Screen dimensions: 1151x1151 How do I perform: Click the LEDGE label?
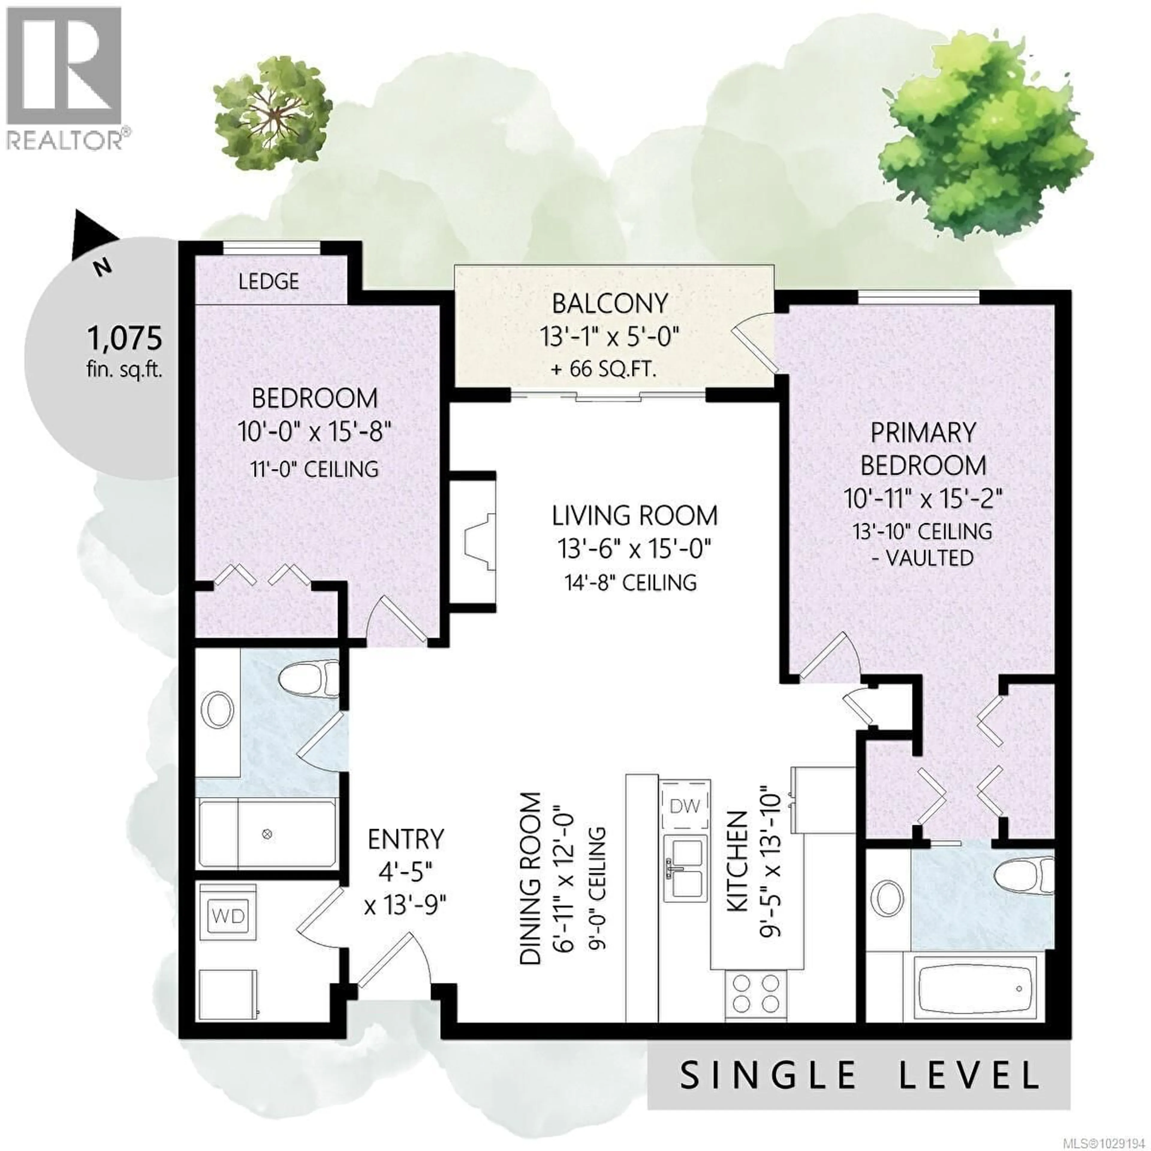tap(269, 281)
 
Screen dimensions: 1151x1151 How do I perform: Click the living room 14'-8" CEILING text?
tap(630, 582)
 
